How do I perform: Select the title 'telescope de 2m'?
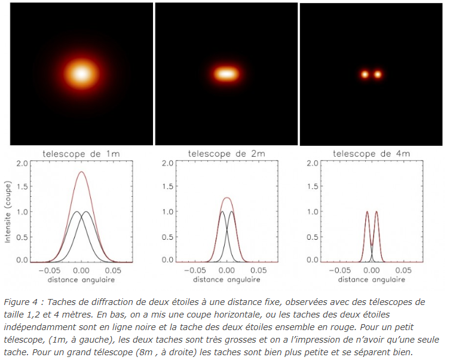pos(226,154)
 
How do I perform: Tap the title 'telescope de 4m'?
pos(371,154)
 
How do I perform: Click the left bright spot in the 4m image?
pos(365,75)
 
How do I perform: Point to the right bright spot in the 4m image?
pos(378,75)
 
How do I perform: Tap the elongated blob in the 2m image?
pos(226,74)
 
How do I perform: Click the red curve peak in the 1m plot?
pos(81,172)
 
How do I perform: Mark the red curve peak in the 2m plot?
pos(226,197)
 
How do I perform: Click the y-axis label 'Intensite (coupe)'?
pos(8,212)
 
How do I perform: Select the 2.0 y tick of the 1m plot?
pos(23,163)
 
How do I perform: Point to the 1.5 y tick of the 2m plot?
pos(167,187)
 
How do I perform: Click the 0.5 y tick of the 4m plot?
pos(312,236)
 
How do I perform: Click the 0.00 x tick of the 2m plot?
pos(226,270)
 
